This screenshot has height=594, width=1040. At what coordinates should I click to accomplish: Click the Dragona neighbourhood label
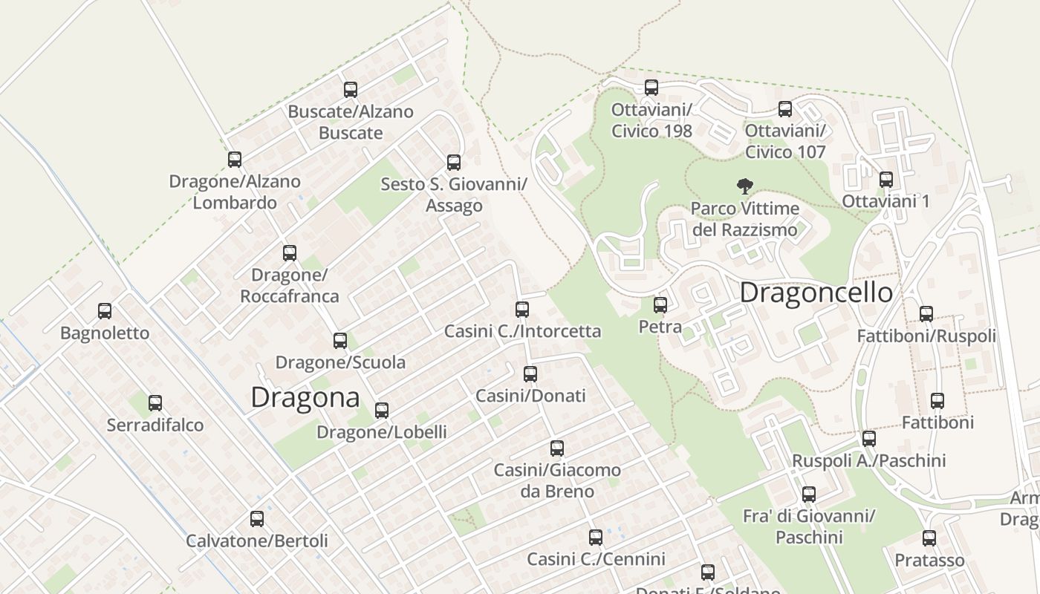tap(305, 397)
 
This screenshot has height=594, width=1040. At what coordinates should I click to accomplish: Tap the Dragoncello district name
tap(816, 293)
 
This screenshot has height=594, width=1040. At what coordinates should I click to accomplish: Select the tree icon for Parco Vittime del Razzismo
tap(744, 186)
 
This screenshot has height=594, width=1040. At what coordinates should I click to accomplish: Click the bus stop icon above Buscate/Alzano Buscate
tap(351, 90)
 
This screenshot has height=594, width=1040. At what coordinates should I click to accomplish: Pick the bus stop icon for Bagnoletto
tap(105, 311)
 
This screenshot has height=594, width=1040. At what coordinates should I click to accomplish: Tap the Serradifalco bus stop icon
tap(155, 403)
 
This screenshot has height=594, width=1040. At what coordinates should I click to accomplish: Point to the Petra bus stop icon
tap(660, 304)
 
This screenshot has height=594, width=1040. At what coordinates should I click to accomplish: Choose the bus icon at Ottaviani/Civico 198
tap(651, 88)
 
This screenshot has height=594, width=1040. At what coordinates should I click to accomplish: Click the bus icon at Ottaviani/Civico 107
tap(785, 110)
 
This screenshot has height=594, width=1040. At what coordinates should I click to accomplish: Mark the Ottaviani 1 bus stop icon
tap(886, 180)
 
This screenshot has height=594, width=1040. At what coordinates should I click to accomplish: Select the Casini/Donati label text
tap(530, 396)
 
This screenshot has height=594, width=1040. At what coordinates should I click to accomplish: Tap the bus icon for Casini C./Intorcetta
tap(522, 310)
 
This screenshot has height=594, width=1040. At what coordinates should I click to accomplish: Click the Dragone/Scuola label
tap(340, 362)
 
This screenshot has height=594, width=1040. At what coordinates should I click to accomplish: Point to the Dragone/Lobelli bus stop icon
tap(382, 411)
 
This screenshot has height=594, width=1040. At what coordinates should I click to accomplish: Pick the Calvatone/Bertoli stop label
tap(256, 541)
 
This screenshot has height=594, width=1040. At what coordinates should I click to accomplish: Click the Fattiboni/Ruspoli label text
tap(926, 336)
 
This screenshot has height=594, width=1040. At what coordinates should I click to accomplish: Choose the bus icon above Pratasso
tap(929, 538)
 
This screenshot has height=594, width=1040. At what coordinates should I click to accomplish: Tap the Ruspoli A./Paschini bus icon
tap(869, 439)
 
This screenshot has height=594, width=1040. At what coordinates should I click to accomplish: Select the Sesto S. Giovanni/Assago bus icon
tap(454, 163)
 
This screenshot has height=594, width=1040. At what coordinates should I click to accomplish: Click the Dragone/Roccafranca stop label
tap(289, 285)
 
